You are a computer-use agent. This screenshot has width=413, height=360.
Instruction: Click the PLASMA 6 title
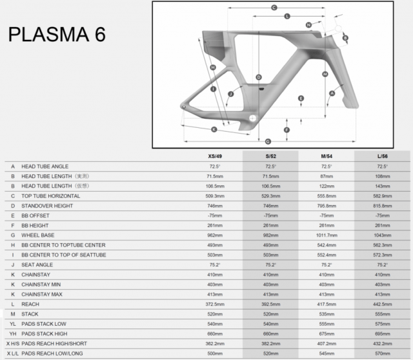pos(57,34)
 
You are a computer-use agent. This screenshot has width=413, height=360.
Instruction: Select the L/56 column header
pos(383,156)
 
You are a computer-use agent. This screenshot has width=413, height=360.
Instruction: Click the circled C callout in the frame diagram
pos(274,8)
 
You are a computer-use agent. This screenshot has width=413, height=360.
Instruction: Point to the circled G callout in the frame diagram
pos(267,141)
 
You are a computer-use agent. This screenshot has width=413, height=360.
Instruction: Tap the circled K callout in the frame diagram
pos(214,128)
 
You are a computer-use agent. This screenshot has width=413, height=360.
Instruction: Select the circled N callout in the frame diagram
pos(309,25)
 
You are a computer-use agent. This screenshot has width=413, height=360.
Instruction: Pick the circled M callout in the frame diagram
pos(325,74)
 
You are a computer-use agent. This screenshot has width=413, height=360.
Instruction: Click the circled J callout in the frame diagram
pos(230,95)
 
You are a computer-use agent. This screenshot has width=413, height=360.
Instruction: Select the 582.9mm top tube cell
pos(383,196)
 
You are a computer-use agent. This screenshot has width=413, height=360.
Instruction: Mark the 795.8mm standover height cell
pos(327,206)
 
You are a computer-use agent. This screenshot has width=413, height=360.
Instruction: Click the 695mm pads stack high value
pos(383,334)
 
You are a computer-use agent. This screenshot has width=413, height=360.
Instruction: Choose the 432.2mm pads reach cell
pos(383,343)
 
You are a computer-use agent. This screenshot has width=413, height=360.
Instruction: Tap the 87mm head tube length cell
pos(327,176)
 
